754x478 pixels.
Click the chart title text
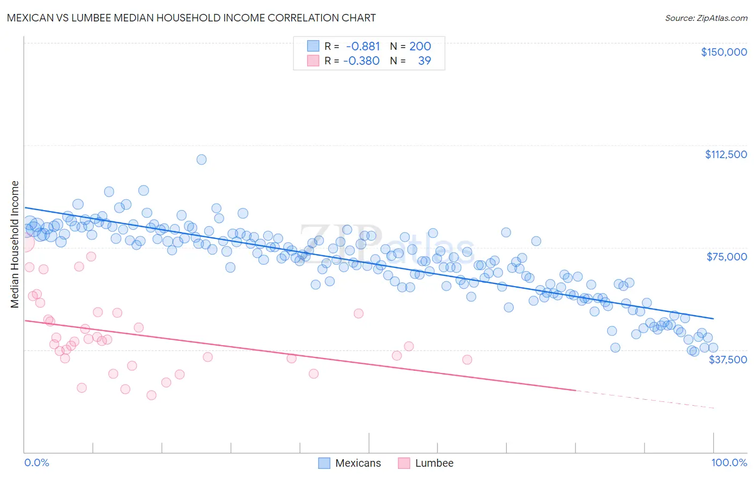click(x=191, y=18)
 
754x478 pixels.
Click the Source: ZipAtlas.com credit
click(x=706, y=18)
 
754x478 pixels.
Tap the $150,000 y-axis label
click(x=723, y=52)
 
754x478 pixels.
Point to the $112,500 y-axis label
click(x=726, y=154)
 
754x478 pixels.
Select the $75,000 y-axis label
click(x=727, y=257)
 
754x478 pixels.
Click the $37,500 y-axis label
click(x=728, y=360)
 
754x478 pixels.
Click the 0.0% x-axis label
click(x=36, y=462)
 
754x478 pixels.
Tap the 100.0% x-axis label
click(x=729, y=462)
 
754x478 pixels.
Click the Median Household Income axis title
click(x=14, y=244)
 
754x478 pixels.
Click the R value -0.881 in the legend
click(x=363, y=46)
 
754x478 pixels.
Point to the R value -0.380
click(x=361, y=61)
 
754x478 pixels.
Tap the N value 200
click(x=420, y=46)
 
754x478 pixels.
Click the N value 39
click(x=424, y=61)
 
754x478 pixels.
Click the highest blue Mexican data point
click(x=201, y=159)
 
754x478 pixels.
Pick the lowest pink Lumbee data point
click(x=151, y=395)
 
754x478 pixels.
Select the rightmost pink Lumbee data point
click(x=467, y=360)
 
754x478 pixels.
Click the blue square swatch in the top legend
click(x=313, y=46)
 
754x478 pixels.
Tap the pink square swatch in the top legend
click(x=313, y=61)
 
